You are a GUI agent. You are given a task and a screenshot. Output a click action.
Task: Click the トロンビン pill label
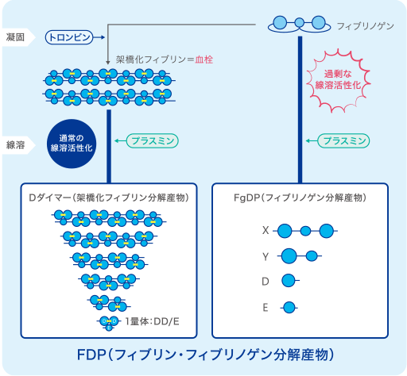pyautogui.click(x=69, y=37)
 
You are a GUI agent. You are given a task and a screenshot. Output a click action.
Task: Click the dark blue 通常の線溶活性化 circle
pyautogui.click(x=72, y=144)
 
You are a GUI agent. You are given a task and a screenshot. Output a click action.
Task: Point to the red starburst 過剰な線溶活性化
pyautogui.click(x=338, y=80)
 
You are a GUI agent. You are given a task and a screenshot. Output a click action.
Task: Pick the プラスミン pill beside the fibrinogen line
pyautogui.click(x=343, y=140)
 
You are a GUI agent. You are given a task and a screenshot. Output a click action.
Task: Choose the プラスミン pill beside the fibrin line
pyautogui.click(x=153, y=140)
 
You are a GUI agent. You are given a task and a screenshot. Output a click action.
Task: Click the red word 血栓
pyautogui.click(x=204, y=59)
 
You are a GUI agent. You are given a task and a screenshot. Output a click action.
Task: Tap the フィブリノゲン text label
pyautogui.click(x=366, y=26)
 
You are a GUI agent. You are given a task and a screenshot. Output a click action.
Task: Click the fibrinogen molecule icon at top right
pyautogui.click(x=300, y=25)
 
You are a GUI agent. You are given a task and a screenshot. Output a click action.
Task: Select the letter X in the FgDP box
pyautogui.click(x=266, y=231)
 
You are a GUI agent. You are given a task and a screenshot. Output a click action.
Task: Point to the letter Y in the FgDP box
pyautogui.click(x=266, y=256)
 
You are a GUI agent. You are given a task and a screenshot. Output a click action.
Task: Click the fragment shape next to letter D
pyautogui.click(x=290, y=281)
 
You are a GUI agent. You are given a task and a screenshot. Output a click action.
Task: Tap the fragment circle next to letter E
pyautogui.click(x=289, y=308)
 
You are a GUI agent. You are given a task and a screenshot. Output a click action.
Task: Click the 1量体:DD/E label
pyautogui.click(x=152, y=321)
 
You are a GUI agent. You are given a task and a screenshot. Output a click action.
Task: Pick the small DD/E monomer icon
pyautogui.click(x=109, y=323)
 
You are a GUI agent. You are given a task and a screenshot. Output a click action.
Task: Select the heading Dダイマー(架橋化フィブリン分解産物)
pyautogui.click(x=109, y=198)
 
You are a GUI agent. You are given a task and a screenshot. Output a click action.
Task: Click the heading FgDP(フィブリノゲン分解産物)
pyautogui.click(x=300, y=198)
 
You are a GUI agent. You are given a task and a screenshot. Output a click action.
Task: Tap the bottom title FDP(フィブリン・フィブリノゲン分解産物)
pyautogui.click(x=205, y=355)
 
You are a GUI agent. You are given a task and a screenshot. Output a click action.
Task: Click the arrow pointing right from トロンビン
pyautogui.click(x=99, y=37)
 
